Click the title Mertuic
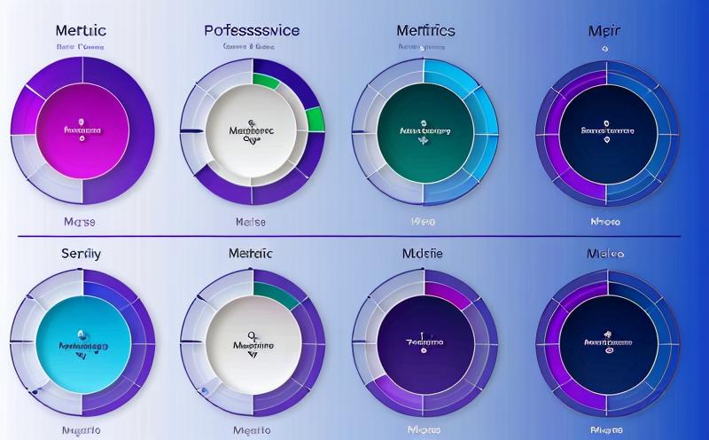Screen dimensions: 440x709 81,30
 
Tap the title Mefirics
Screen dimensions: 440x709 425,30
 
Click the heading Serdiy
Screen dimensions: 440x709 81,253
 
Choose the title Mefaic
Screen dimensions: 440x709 253,254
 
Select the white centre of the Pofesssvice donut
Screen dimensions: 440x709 252,131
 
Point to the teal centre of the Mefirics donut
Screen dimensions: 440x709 425,131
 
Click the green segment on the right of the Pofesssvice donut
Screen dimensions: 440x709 314,119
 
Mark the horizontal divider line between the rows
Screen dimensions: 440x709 354,236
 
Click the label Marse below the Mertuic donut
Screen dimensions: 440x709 80,221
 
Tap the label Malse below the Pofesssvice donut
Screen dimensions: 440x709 253,221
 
